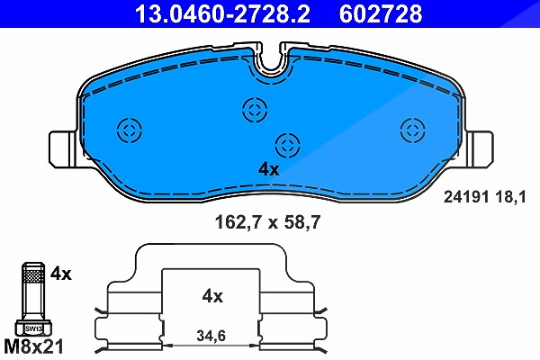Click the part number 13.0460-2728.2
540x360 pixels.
(222, 13)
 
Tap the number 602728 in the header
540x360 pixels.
(381, 13)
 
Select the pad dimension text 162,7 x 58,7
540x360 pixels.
(267, 222)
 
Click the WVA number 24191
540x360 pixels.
(466, 197)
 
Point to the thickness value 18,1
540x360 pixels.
(511, 197)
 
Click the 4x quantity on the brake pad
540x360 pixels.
(268, 169)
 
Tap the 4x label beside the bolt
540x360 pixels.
(61, 274)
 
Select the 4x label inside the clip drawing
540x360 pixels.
(212, 296)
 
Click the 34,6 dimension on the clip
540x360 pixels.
(211, 335)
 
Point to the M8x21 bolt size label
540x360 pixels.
(33, 346)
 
